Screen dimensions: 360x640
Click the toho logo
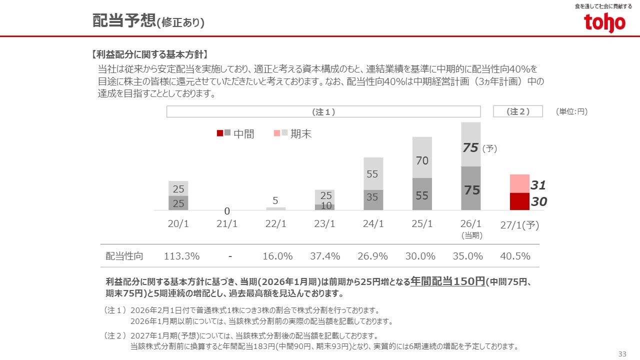tap(604, 22)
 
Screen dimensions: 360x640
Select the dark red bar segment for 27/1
tap(519, 201)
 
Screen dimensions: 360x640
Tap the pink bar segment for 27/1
tap(519, 183)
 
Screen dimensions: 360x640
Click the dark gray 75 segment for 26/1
tap(470, 188)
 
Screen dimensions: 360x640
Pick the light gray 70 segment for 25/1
tap(422, 157)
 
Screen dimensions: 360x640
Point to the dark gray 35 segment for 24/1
tap(373, 200)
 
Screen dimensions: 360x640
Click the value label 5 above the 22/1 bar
tap(275, 200)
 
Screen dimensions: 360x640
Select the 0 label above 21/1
tap(226, 211)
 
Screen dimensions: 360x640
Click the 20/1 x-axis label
tap(178, 224)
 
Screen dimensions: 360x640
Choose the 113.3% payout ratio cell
tap(181, 256)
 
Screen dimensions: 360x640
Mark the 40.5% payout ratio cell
tap(515, 256)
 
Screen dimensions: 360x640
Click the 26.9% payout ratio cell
tap(372, 256)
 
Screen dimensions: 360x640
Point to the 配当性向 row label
tap(124, 256)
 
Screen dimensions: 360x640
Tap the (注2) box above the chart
tap(518, 111)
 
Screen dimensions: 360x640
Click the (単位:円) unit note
tap(571, 112)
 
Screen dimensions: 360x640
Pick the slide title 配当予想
tap(124, 21)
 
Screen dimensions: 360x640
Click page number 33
tap(622, 354)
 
